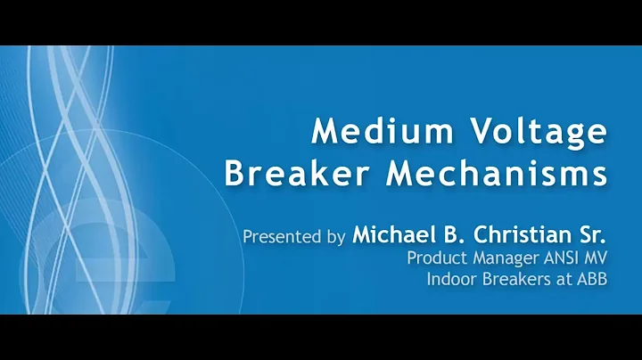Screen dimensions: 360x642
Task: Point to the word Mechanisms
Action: pos(497,172)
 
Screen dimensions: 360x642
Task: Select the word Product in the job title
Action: pos(435,258)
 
